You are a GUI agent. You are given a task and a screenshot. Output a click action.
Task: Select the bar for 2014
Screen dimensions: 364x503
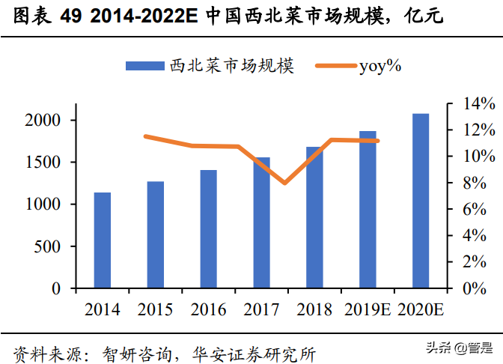coord(102,240)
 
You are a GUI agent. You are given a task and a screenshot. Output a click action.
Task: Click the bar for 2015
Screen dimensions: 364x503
coord(155,234)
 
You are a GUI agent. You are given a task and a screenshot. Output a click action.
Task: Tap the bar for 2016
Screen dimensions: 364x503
coord(208,229)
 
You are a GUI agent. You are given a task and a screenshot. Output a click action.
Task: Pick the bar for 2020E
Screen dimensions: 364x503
coord(421,201)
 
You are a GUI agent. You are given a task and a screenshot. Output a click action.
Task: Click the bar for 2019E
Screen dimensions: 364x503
coord(368,210)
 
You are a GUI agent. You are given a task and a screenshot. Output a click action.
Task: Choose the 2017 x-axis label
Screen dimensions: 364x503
coord(261,309)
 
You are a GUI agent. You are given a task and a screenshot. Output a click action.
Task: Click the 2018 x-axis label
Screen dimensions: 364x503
coord(314,309)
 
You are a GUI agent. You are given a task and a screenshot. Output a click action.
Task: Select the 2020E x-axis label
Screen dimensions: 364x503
coord(421,309)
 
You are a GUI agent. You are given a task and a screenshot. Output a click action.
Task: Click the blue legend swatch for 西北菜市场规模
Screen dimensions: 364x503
coord(145,66)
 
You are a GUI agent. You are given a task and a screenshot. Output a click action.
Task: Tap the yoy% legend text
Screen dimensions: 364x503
coord(381,66)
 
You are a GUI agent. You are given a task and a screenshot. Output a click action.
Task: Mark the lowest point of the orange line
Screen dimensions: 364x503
coord(284,183)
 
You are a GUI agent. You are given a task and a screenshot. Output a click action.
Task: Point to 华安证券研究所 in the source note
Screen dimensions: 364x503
coord(254,350)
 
